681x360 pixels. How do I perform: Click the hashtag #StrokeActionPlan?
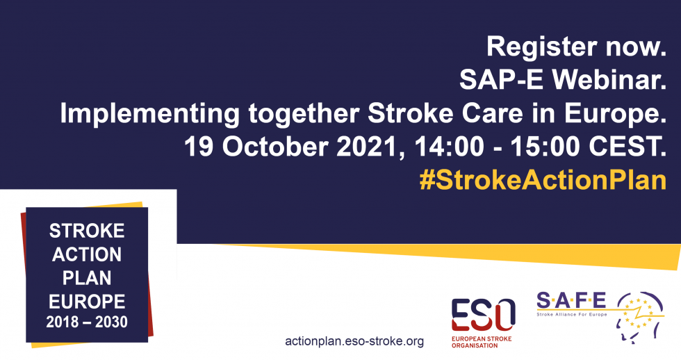point(543,179)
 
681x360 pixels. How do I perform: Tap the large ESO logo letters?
point(483,313)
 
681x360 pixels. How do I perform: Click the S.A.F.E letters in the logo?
point(571,301)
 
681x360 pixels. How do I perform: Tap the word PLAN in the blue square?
point(87,277)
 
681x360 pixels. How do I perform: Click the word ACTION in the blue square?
point(87,254)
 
